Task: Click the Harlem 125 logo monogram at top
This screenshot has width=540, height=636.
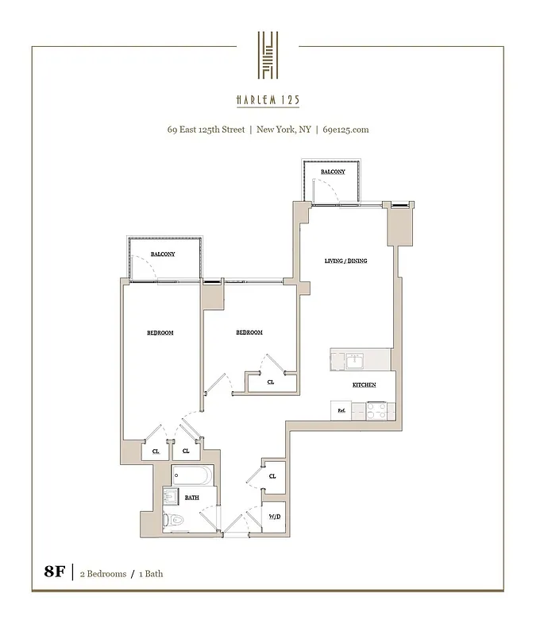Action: pyautogui.click(x=268, y=55)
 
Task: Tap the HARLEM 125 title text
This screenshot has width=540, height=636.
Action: pyautogui.click(x=268, y=100)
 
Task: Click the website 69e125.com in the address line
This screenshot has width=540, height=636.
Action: pyautogui.click(x=345, y=129)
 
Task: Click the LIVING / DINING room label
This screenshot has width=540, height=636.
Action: pyautogui.click(x=345, y=261)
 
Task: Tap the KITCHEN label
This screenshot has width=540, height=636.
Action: pyautogui.click(x=364, y=385)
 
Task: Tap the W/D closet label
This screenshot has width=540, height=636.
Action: pyautogui.click(x=274, y=517)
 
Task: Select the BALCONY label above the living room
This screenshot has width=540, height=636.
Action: pyautogui.click(x=333, y=172)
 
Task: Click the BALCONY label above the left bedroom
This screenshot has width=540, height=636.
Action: pyautogui.click(x=163, y=254)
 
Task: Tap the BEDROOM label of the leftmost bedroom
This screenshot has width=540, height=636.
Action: pyautogui.click(x=160, y=332)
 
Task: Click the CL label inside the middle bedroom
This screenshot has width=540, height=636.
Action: pyautogui.click(x=271, y=382)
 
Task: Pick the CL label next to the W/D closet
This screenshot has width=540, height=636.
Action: pyautogui.click(x=272, y=476)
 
